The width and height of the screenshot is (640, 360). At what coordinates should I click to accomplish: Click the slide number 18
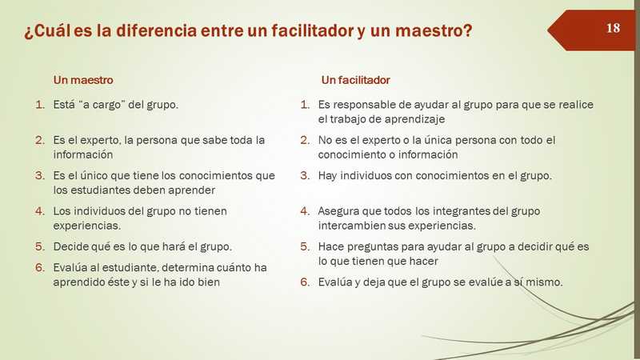[x=613, y=28]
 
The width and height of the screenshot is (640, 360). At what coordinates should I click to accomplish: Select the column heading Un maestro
[x=83, y=80]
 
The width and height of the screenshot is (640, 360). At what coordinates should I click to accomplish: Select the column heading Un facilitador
[x=355, y=80]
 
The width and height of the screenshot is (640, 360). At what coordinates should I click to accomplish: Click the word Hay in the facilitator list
[x=327, y=176]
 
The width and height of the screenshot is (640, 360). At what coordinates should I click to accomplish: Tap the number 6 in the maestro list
[x=39, y=267]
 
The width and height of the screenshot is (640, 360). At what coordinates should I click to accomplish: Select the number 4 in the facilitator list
[x=305, y=211]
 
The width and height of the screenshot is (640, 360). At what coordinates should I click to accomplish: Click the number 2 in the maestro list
[x=39, y=140]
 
